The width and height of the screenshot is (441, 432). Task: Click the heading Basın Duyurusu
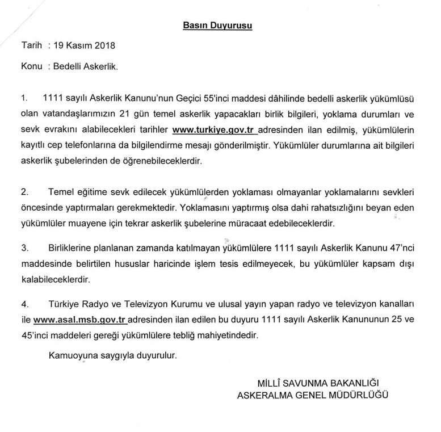click(218, 26)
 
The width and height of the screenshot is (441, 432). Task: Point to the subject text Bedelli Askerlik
click(85, 66)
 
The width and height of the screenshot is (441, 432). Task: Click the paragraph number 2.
click(24, 192)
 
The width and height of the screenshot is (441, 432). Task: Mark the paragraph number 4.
click(24, 303)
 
